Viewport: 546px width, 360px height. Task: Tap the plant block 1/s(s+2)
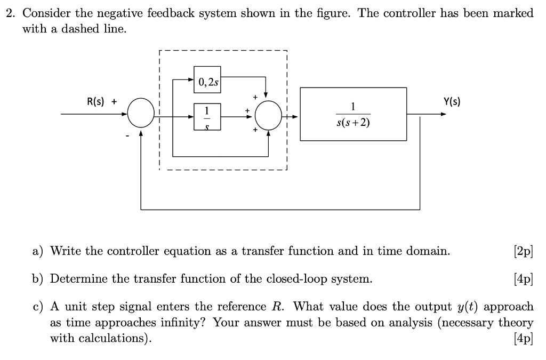click(353, 114)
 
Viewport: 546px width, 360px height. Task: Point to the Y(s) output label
click(452, 101)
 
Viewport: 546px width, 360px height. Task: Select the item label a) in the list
click(38, 251)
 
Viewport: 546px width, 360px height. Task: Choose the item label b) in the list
click(38, 279)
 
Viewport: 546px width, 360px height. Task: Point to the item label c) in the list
click(38, 307)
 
